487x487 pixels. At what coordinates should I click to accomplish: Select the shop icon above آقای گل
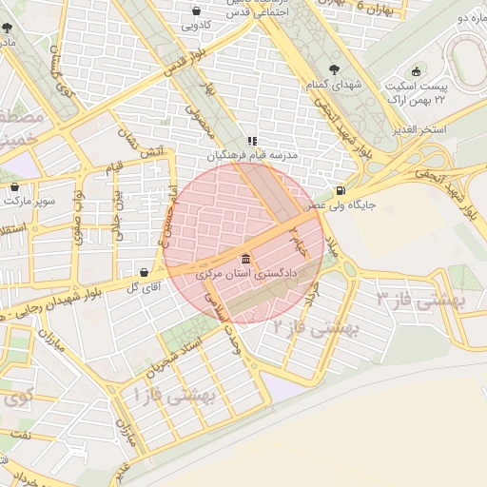144,272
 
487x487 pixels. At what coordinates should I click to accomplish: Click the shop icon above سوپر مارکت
13,187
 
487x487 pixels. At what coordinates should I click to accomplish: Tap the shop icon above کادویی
196,11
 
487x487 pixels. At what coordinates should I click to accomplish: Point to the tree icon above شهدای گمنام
334,68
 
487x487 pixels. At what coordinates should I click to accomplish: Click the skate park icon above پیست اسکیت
415,72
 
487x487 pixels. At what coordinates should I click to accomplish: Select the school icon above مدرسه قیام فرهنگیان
252,141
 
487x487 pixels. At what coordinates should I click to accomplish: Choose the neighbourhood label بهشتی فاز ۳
419,301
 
